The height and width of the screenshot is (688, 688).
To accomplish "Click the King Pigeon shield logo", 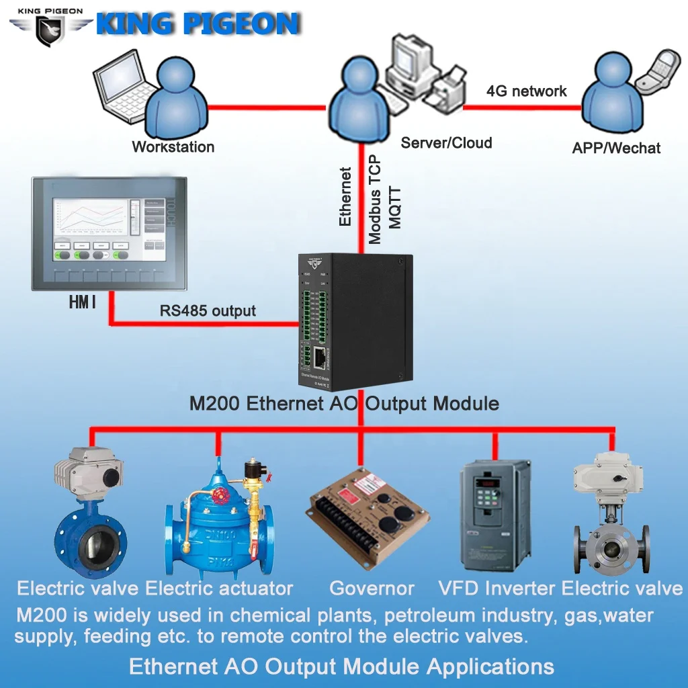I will pyautogui.click(x=50, y=31).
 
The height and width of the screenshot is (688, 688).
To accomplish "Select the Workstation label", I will pyautogui.click(x=173, y=146).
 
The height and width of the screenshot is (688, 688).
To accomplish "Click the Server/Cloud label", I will pyautogui.click(x=446, y=142).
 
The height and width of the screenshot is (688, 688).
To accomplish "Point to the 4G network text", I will pyautogui.click(x=526, y=91).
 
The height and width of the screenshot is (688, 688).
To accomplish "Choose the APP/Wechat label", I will pyautogui.click(x=616, y=148).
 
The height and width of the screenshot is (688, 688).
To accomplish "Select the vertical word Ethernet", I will pyautogui.click(x=345, y=196).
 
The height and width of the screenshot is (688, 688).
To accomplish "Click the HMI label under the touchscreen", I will pyautogui.click(x=83, y=303).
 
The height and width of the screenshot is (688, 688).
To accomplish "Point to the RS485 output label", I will pyautogui.click(x=208, y=310).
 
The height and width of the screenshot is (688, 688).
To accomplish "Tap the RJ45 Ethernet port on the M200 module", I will pyautogui.click(x=320, y=358).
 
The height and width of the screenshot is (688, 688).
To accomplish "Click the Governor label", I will pyautogui.click(x=372, y=589).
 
